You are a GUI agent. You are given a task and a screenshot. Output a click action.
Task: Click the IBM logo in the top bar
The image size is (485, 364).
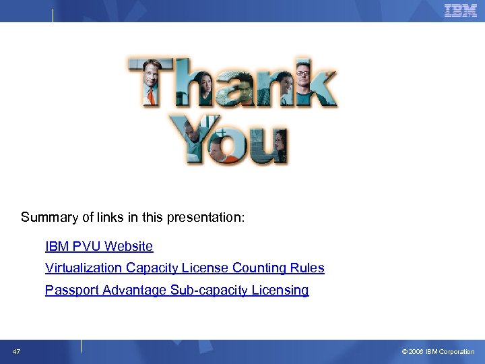point(460,10)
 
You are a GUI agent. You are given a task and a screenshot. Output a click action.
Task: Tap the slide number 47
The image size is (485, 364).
point(15,351)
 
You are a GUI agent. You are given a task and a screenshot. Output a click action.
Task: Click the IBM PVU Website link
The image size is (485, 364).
point(99,247)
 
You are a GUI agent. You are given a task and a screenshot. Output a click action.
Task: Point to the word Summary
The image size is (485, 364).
point(47,218)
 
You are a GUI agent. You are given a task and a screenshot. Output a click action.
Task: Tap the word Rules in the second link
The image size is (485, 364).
point(307,268)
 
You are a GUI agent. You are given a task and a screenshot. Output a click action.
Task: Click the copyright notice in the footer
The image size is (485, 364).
point(438,352)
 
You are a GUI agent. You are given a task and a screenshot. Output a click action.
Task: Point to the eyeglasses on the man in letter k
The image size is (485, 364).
point(302,72)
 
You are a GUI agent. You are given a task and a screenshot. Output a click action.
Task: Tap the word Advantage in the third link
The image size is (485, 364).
point(135,291)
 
